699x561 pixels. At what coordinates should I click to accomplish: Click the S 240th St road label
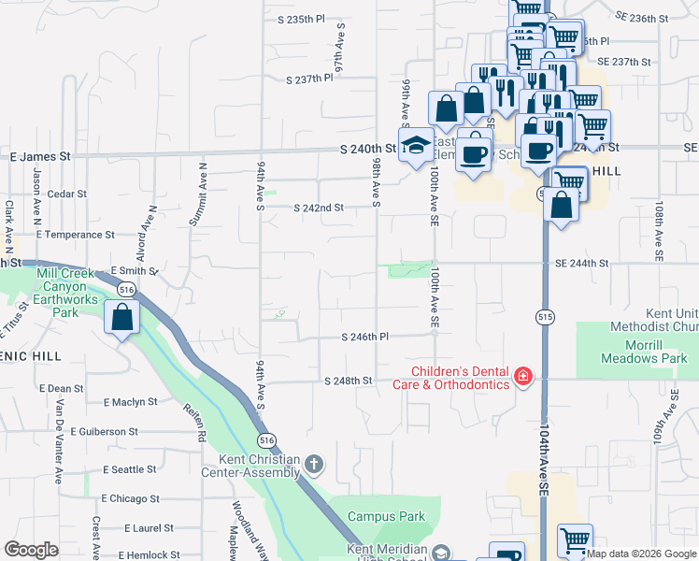368,149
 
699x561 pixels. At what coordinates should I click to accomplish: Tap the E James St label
40,156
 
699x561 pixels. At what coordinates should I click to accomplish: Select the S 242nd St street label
320,208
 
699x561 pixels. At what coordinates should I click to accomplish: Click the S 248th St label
349,381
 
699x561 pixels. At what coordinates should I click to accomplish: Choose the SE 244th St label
581,265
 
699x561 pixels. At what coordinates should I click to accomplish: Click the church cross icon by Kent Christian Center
316,463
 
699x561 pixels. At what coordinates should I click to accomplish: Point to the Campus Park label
387,516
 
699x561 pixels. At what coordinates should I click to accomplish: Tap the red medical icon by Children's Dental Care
523,377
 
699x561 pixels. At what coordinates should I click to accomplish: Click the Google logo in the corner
31,549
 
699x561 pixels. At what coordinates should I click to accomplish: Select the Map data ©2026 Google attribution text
641,554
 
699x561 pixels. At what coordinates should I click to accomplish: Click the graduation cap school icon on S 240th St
414,145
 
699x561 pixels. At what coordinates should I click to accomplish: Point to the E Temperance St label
76,235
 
